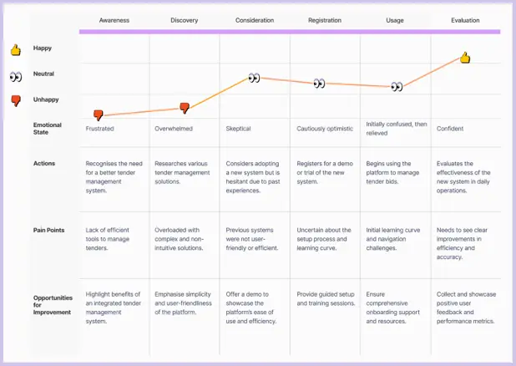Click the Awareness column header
point(114,20)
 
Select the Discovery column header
point(185,20)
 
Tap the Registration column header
point(324,20)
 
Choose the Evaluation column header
point(465,20)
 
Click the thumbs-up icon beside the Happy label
point(15,50)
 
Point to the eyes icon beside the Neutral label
point(15,76)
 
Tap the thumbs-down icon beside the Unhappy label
point(15,100)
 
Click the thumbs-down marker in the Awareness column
point(99,115)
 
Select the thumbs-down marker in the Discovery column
point(185,108)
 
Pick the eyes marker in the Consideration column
point(254,78)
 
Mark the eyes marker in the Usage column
point(397,86)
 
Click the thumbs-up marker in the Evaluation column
point(465,58)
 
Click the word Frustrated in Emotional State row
point(100,129)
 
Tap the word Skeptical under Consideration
point(238,129)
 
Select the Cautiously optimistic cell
point(325,129)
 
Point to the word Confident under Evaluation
point(450,129)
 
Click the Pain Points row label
point(51,229)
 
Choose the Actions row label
point(45,163)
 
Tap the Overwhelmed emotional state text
point(175,129)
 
